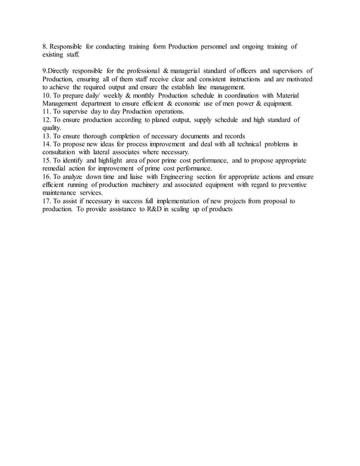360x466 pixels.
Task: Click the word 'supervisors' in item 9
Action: (287, 71)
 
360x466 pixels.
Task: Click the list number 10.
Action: (48, 95)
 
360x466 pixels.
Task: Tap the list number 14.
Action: (48, 144)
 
